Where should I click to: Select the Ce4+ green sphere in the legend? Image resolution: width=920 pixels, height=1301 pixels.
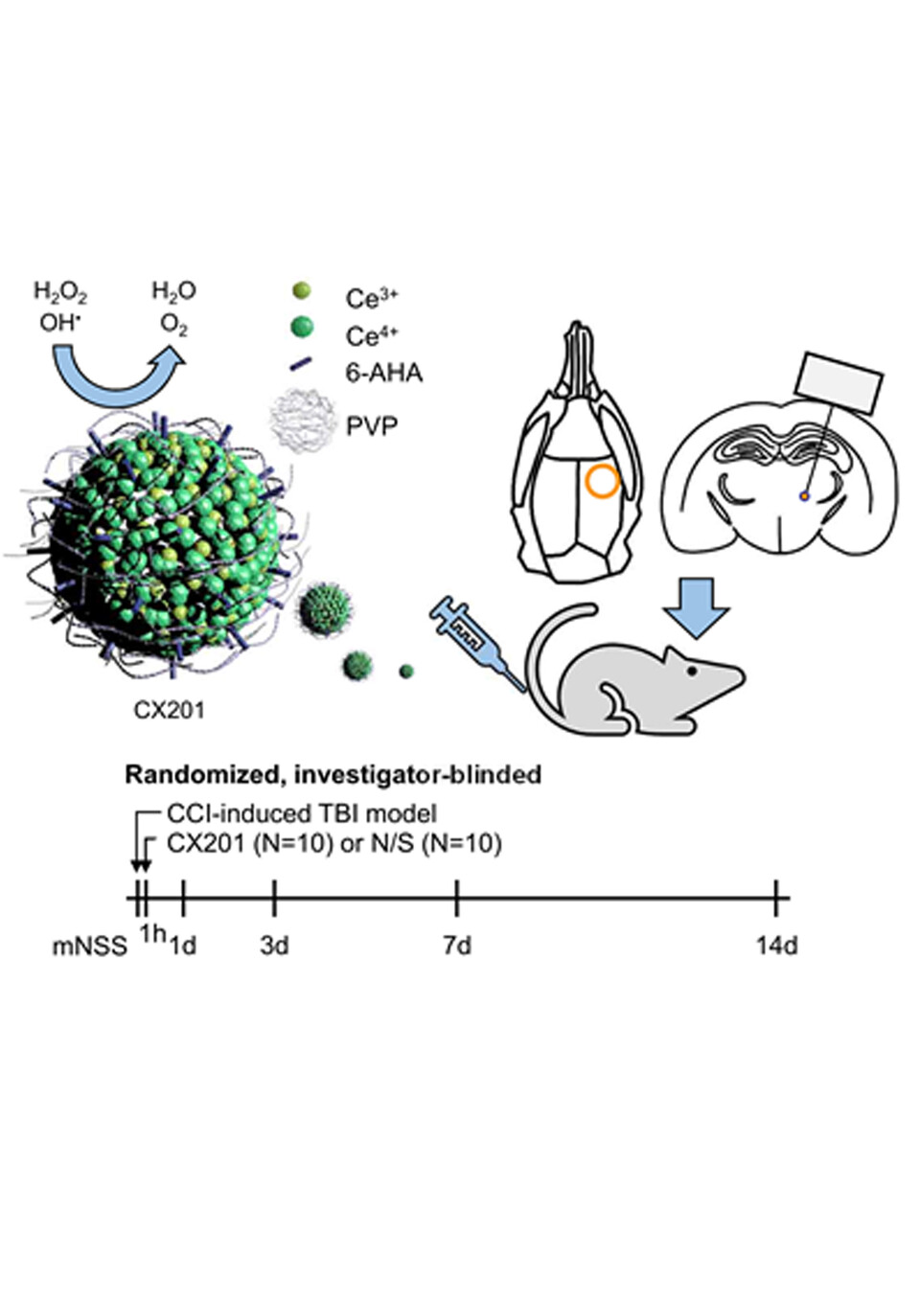pyautogui.click(x=301, y=328)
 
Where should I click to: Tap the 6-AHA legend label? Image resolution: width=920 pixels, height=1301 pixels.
pyautogui.click(x=384, y=373)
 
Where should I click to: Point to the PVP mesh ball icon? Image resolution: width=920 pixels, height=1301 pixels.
pyautogui.click(x=303, y=420)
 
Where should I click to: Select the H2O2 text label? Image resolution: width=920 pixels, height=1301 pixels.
pyautogui.click(x=60, y=292)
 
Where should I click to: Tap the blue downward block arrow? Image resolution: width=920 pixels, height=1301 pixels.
pyautogui.click(x=697, y=607)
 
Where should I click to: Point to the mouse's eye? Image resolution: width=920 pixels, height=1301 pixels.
pyautogui.click(x=692, y=671)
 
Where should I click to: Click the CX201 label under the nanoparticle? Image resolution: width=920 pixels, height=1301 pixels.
pyautogui.click(x=169, y=711)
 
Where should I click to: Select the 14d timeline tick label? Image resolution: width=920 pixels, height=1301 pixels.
pyautogui.click(x=776, y=947)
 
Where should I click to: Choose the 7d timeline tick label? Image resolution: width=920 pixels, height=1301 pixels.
pyautogui.click(x=457, y=947)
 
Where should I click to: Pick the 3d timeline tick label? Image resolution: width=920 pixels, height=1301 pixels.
pyautogui.click(x=275, y=947)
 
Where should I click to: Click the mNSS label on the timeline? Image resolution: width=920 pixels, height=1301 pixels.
pyautogui.click(x=89, y=947)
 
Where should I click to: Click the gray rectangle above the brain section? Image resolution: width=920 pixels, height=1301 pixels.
pyautogui.click(x=839, y=383)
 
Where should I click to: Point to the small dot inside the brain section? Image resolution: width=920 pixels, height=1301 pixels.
pyautogui.click(x=803, y=495)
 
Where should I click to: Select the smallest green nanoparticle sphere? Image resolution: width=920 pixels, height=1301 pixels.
pyautogui.click(x=406, y=672)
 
